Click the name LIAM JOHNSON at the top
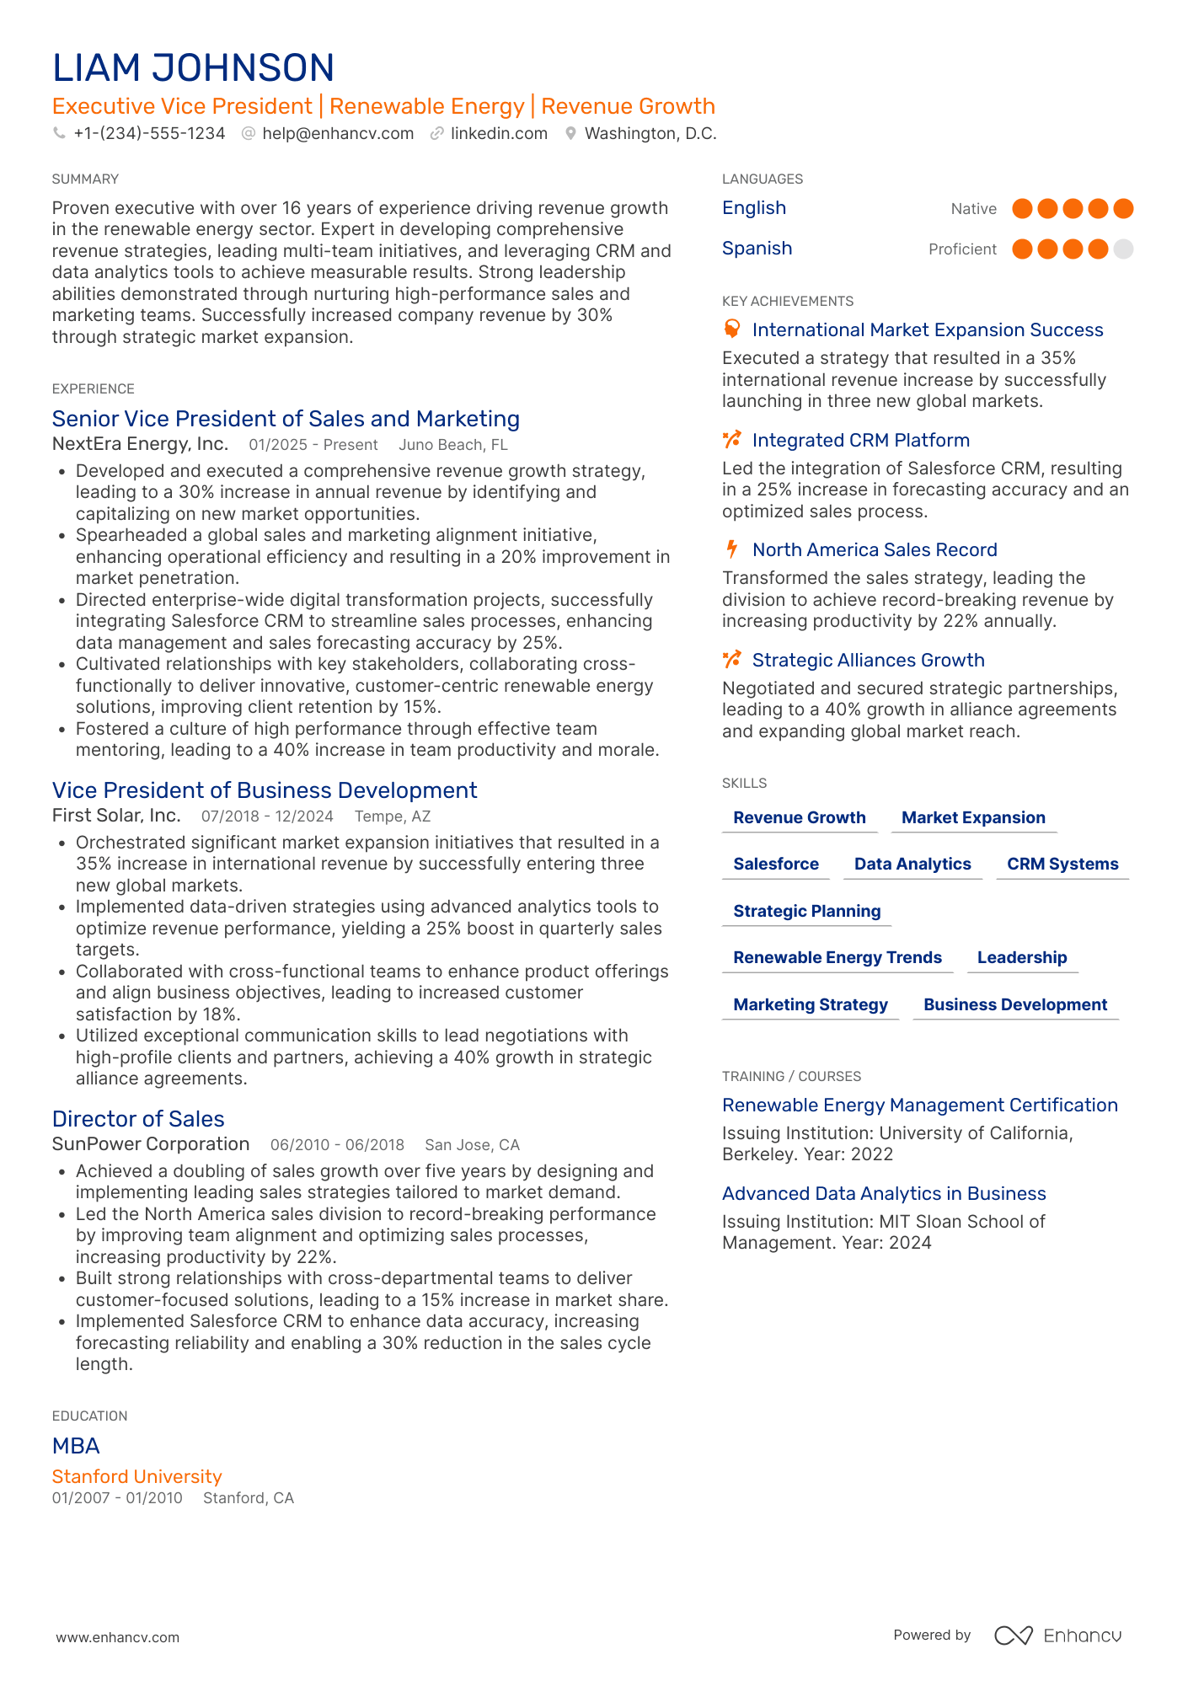click(193, 68)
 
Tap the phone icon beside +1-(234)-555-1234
click(59, 133)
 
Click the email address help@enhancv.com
click(337, 133)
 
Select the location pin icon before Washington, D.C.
click(570, 133)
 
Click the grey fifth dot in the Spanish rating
click(1123, 249)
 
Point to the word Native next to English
click(973, 209)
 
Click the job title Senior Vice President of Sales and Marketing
click(286, 419)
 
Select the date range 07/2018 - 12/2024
click(267, 816)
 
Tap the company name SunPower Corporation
click(151, 1144)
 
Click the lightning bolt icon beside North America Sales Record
click(732, 549)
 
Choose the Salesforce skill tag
click(776, 864)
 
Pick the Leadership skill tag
click(1022, 957)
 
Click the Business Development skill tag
click(1015, 1004)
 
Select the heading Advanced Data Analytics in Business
click(884, 1193)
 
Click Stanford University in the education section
click(137, 1476)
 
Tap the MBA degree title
click(76, 1446)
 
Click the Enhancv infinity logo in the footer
click(1013, 1635)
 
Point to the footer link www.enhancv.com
click(118, 1637)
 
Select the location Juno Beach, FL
click(453, 445)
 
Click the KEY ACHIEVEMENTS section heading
click(788, 302)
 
